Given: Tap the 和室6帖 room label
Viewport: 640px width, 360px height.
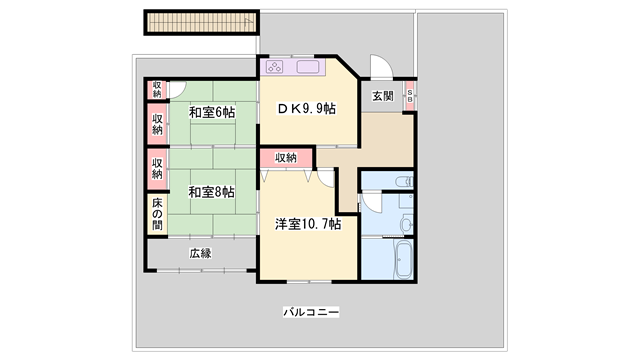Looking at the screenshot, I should pyautogui.click(x=211, y=112).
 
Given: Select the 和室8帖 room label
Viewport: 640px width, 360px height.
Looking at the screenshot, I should pyautogui.click(x=211, y=192).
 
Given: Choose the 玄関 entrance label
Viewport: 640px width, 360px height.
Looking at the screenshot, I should pyautogui.click(x=383, y=96).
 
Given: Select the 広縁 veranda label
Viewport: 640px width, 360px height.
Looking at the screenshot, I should pyautogui.click(x=200, y=253).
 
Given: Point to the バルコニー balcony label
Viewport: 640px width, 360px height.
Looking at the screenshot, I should pyautogui.click(x=311, y=313).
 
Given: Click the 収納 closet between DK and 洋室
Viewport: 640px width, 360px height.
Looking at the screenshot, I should pyautogui.click(x=286, y=158).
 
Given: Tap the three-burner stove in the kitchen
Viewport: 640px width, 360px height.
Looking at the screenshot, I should pyautogui.click(x=277, y=68).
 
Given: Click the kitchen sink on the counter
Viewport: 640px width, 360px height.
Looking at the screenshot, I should pyautogui.click(x=308, y=68).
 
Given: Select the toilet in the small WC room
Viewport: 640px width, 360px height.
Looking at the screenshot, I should pyautogui.click(x=402, y=181).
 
